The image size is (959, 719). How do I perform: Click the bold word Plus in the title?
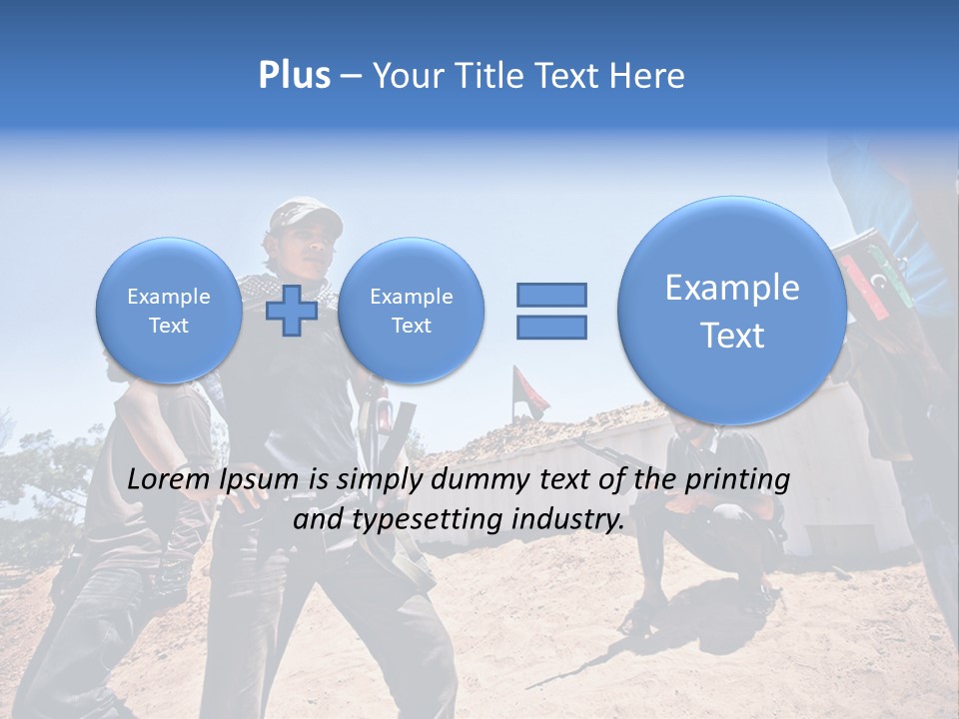point(294,76)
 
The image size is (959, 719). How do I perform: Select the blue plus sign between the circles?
point(292,310)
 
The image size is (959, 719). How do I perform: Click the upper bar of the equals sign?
point(551,295)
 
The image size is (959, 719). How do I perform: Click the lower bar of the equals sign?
point(551,327)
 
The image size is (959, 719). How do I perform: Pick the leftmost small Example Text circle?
point(168,311)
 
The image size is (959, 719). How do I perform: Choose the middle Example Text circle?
point(411,311)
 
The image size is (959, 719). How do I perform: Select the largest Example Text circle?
point(732,311)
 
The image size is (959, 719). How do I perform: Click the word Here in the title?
point(648,76)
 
